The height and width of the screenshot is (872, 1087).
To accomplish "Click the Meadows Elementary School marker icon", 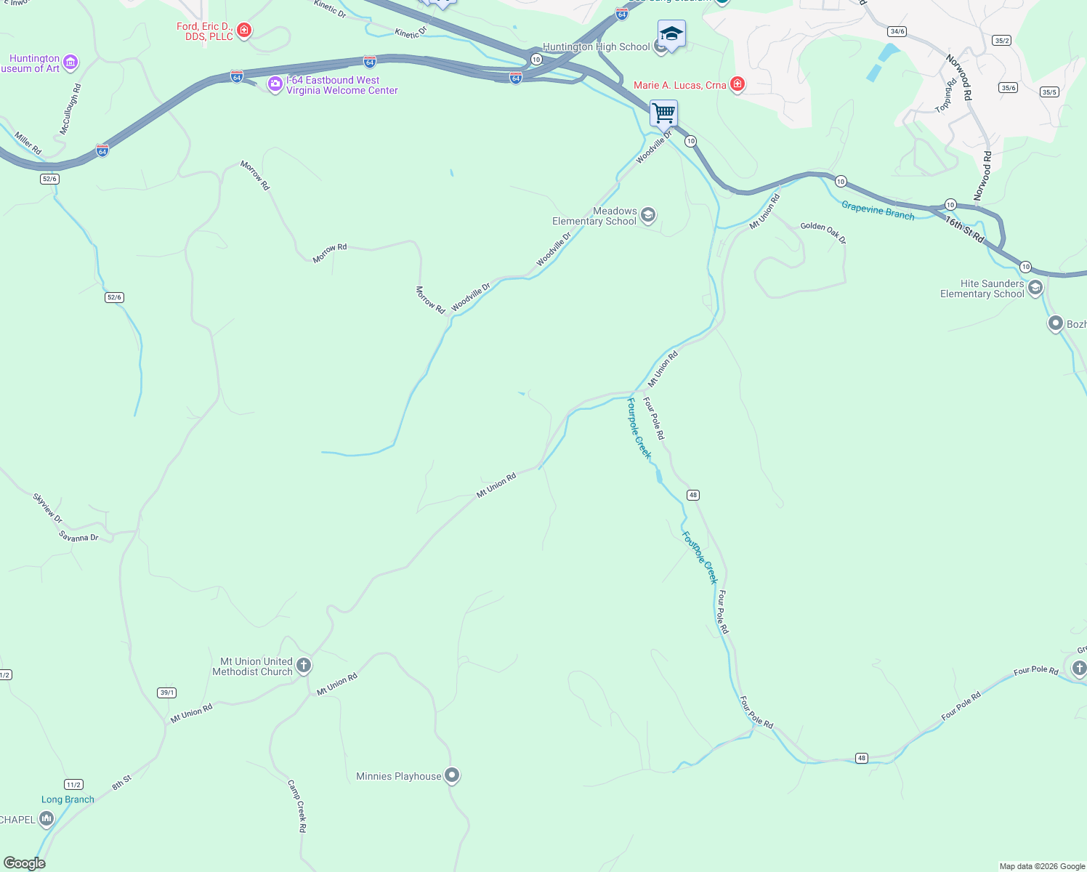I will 648,215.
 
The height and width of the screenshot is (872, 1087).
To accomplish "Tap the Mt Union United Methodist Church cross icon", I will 304,666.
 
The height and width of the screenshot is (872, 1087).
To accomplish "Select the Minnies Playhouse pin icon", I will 452,775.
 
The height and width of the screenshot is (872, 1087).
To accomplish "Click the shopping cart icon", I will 663,113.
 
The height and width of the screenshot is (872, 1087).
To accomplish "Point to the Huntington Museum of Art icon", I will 70,62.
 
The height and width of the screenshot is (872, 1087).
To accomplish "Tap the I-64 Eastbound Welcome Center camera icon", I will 275,84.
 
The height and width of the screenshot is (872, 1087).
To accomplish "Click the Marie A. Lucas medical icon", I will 738,85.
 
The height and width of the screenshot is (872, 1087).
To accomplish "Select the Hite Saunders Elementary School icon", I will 1035,288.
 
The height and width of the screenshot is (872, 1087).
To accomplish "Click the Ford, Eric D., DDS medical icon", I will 244,31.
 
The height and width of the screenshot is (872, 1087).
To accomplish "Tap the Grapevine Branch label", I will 878,210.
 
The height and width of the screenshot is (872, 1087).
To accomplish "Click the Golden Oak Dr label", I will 823,233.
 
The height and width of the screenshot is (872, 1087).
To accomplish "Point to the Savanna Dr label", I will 78,537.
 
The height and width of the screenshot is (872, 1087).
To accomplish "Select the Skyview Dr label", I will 48,508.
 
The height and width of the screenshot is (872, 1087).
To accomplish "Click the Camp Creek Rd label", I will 297,806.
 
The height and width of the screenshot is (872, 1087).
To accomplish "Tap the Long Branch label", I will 68,799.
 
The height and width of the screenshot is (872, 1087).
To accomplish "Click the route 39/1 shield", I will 167,693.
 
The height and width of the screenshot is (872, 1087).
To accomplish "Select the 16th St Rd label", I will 965,229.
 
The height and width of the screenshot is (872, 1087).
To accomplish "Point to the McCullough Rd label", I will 70,110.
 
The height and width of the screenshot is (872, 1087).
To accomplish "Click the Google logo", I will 24,863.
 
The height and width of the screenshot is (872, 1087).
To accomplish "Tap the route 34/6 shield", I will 897,31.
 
